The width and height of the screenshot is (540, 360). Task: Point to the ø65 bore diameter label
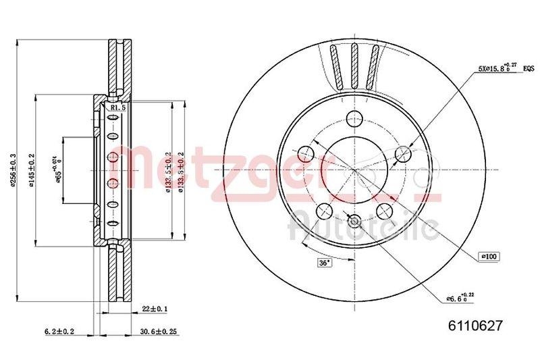(x=59, y=165)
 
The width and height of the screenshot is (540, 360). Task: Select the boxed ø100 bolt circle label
(x=488, y=256)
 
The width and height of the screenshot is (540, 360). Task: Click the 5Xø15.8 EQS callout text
(x=496, y=68)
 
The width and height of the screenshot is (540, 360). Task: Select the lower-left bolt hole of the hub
(x=323, y=209)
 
